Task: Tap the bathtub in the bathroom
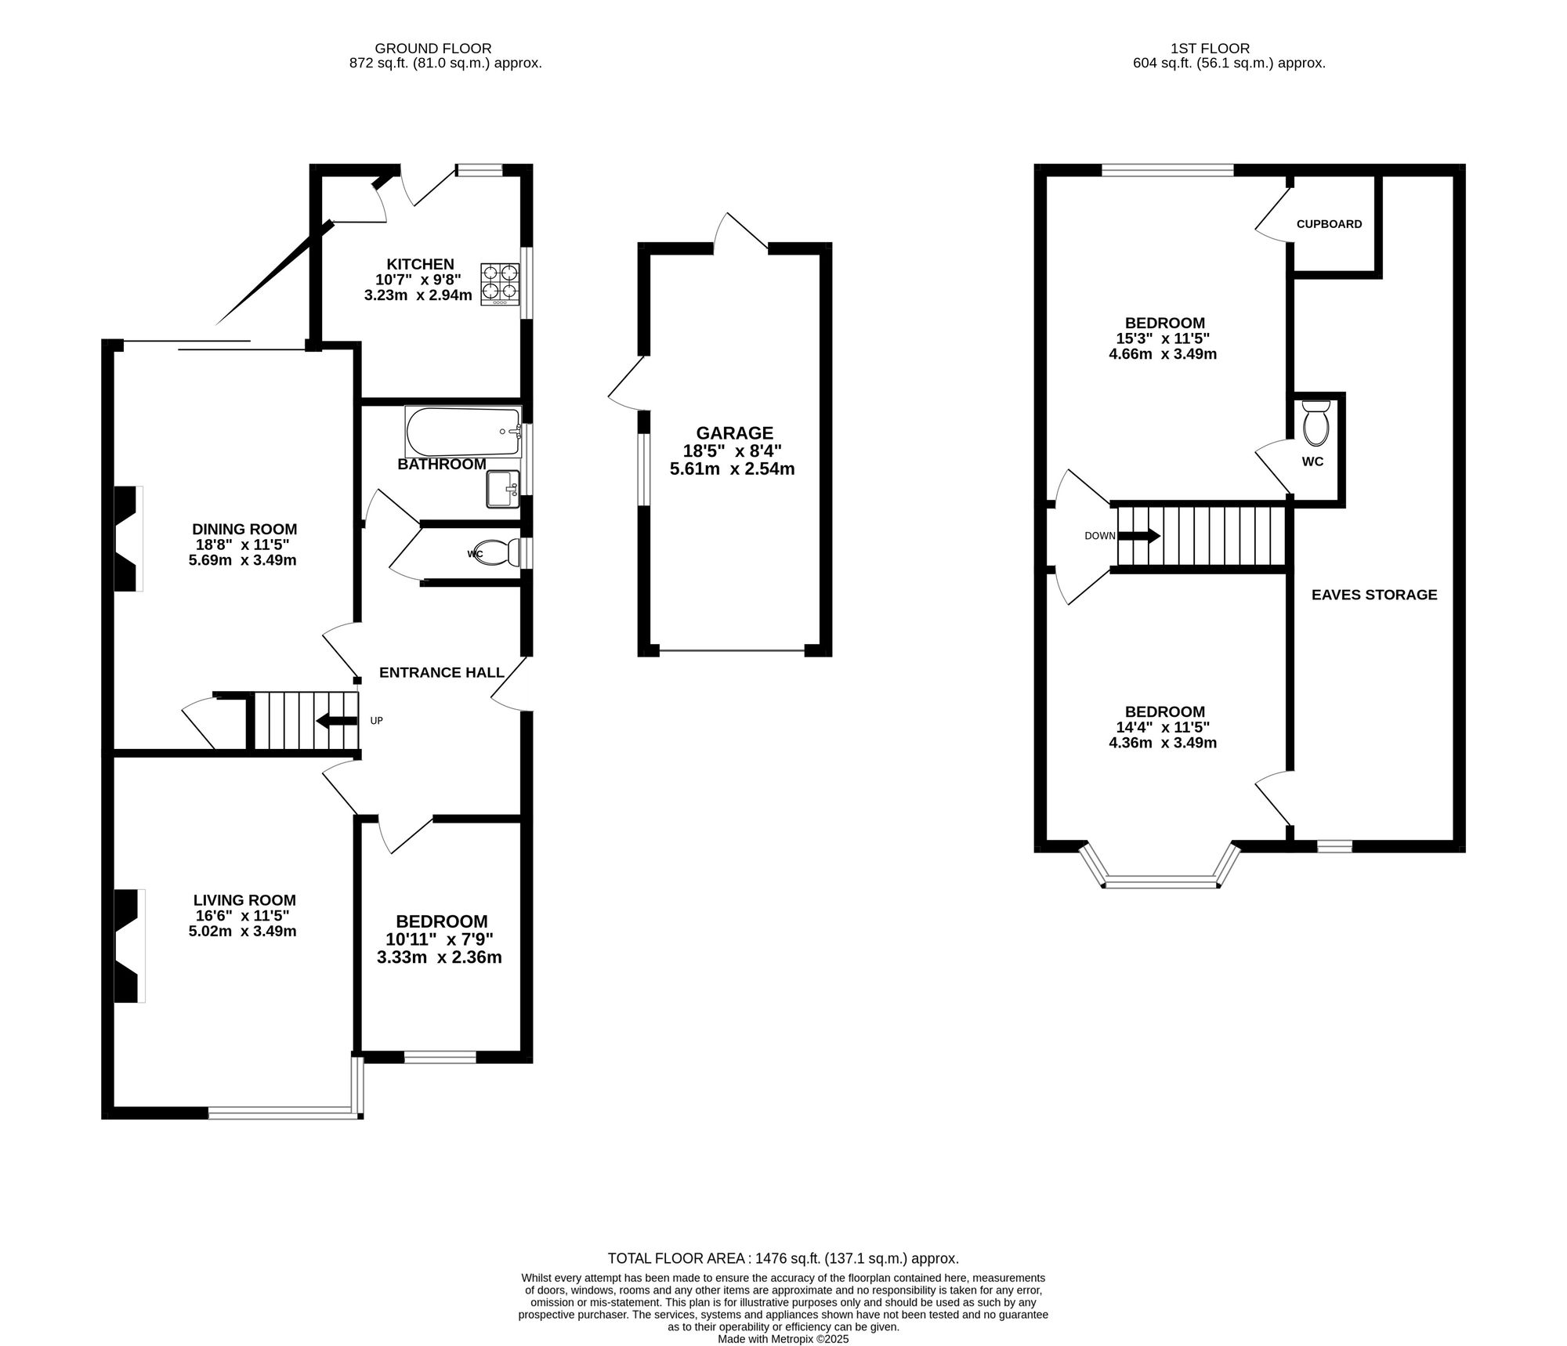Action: [x=463, y=432]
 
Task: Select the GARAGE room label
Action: [x=735, y=432]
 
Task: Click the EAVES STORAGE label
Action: [x=1374, y=595]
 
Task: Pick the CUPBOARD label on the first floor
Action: [x=1329, y=224]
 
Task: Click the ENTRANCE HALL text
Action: [x=442, y=672]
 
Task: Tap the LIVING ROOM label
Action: [x=245, y=901]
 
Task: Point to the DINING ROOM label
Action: [x=245, y=530]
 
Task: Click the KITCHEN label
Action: [x=420, y=264]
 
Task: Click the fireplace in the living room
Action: [x=130, y=945]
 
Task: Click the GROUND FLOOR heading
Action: [x=433, y=49]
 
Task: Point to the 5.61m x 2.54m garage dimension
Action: [x=733, y=469]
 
